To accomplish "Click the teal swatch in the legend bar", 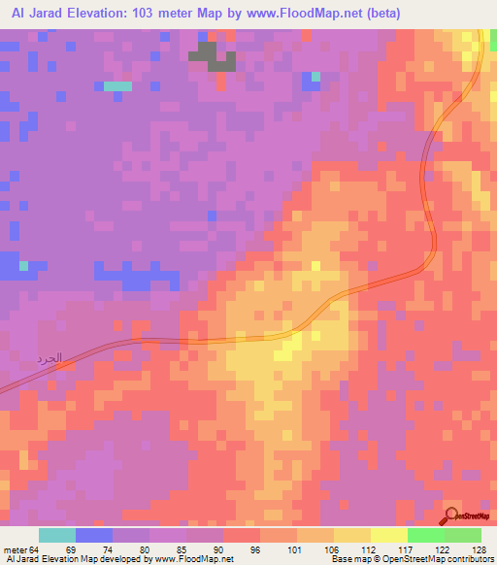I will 57,536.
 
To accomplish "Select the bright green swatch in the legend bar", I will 425,536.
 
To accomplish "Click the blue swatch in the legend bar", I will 94,536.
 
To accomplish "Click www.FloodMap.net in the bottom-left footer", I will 193,559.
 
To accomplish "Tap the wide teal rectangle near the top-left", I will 117,86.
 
